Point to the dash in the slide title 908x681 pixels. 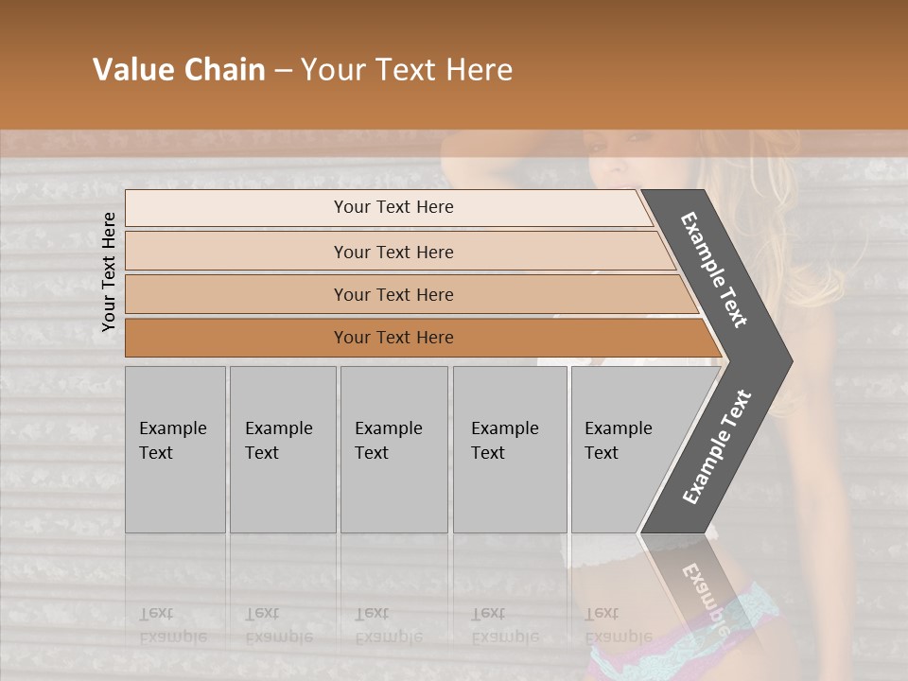pos(283,71)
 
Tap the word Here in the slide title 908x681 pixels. pos(479,70)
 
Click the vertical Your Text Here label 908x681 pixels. pos(109,272)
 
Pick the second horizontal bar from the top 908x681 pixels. pos(393,252)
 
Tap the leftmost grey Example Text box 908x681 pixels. pos(175,449)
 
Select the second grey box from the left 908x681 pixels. pos(282,449)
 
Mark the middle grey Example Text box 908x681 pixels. pos(393,449)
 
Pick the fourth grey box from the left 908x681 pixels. pos(509,449)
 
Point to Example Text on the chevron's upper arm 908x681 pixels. pos(714,270)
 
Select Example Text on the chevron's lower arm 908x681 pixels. pos(717,446)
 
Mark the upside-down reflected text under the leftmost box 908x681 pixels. pos(172,624)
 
